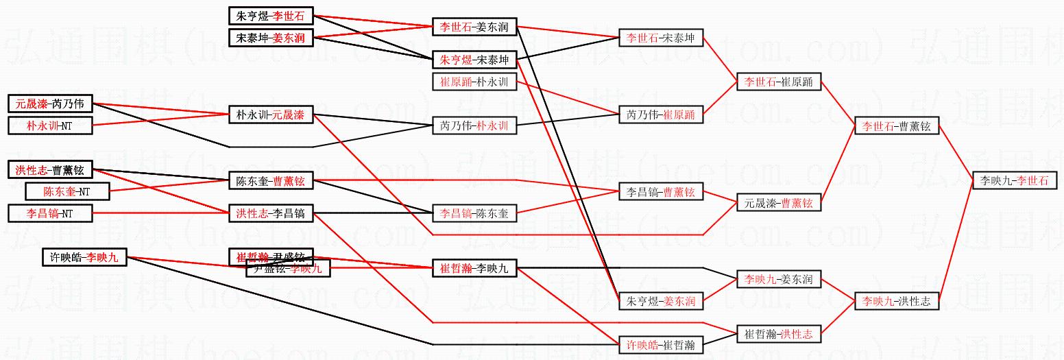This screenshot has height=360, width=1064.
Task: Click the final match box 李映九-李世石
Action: (x=1014, y=180)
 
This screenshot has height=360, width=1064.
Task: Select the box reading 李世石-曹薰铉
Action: (x=896, y=126)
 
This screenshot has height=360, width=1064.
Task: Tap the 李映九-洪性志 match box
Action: (x=896, y=301)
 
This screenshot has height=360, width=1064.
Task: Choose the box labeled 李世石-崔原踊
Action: (x=778, y=82)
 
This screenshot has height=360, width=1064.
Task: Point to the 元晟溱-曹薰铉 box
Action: (x=778, y=203)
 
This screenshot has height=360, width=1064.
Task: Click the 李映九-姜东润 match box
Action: (x=778, y=280)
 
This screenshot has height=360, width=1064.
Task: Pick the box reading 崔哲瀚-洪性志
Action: (x=778, y=334)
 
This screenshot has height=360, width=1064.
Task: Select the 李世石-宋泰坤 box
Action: (x=660, y=38)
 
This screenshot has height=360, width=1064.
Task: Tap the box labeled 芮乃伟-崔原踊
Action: (x=660, y=115)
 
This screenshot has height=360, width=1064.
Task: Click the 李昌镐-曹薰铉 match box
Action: (x=660, y=193)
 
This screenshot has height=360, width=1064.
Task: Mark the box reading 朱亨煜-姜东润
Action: (x=660, y=301)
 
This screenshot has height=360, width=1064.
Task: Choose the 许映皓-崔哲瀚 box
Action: (x=660, y=345)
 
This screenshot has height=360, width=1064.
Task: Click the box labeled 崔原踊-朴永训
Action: (x=474, y=82)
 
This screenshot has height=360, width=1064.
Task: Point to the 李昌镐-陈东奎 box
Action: (x=474, y=214)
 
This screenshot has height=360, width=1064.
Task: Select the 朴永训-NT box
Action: (x=49, y=125)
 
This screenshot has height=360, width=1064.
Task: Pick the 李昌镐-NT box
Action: (x=49, y=214)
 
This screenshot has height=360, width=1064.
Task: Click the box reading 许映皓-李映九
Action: (x=84, y=258)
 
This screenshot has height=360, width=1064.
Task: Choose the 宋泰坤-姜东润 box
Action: (x=270, y=38)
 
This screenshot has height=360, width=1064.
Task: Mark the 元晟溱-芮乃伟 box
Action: (x=49, y=104)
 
